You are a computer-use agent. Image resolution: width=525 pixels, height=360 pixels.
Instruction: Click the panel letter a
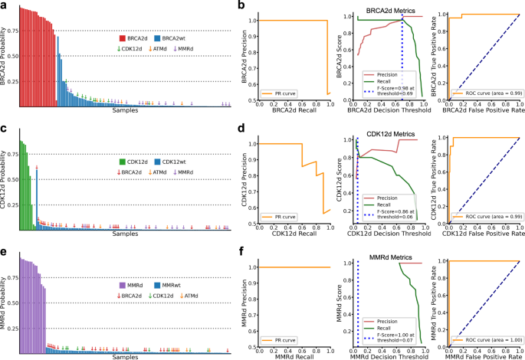[x=4, y=6]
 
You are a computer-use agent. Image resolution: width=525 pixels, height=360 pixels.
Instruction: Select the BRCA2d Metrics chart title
[x=386, y=11]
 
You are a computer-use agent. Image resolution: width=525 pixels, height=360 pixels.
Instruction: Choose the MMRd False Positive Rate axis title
[x=481, y=356]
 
